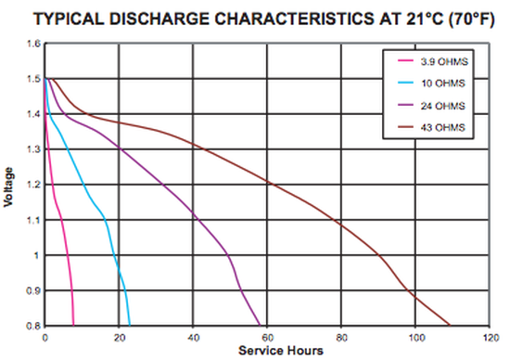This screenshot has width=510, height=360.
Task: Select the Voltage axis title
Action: [8, 185]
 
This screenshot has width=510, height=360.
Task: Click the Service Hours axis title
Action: [281, 351]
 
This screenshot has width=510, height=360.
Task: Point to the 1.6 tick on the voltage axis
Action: [32, 44]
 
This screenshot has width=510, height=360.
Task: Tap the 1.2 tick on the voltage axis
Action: [32, 185]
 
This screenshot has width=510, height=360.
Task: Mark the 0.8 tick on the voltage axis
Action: [32, 326]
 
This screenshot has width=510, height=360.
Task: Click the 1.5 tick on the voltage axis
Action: [32, 79]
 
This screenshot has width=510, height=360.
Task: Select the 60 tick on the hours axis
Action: [267, 337]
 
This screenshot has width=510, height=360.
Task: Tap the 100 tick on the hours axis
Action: [415, 337]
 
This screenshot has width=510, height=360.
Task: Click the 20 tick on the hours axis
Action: [119, 337]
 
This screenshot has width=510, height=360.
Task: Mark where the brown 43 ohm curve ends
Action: [449, 325]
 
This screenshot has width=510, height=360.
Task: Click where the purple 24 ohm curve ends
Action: [260, 325]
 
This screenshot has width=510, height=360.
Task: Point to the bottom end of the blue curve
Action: [130, 325]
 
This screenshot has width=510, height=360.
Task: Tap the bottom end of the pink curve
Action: [73, 325]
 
